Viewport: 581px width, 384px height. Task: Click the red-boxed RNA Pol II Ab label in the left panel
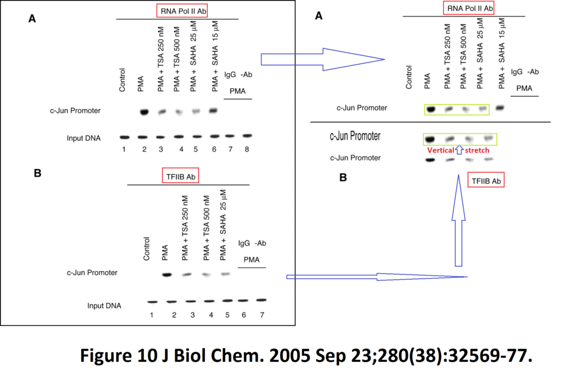pos(182,11)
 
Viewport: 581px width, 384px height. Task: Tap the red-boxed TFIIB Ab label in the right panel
pos(486,181)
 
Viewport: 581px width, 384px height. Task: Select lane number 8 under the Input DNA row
pos(247,149)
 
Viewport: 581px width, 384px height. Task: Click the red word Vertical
pos(440,150)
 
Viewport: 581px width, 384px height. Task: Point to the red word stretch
pos(477,150)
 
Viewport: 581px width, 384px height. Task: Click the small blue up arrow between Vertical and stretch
pos(459,150)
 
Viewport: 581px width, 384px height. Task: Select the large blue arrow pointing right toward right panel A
pos(322,59)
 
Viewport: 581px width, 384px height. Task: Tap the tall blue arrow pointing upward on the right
pos(458,220)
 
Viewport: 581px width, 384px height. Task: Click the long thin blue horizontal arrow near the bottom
pos(377,277)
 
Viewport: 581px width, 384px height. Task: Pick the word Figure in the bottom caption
pos(106,356)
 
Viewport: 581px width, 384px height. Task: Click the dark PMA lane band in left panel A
pos(144,112)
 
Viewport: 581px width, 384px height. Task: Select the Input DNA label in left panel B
pos(104,306)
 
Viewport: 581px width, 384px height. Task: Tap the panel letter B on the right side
pos(343,178)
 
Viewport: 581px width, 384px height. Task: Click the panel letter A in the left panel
pos(32,19)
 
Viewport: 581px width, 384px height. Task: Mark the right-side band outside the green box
pos(500,108)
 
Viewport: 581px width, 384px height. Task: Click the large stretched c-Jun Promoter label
pos(355,136)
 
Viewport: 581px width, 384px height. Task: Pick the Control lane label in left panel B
pos(146,249)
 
